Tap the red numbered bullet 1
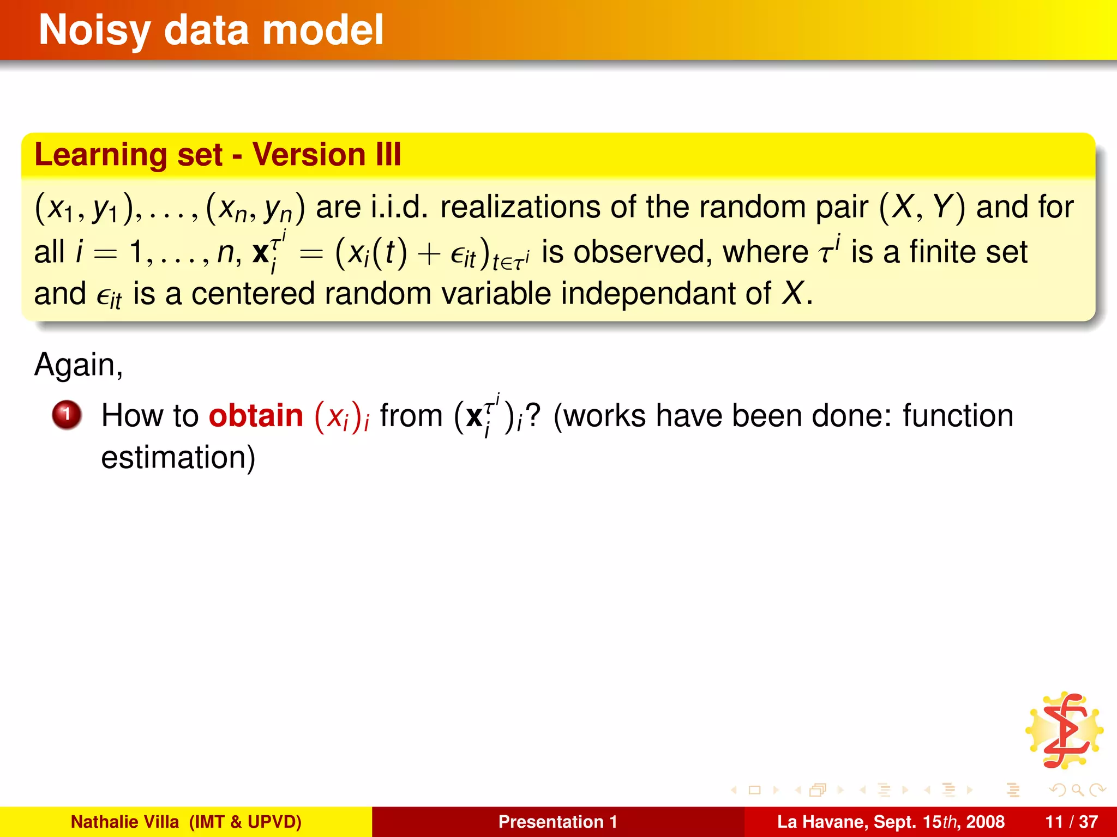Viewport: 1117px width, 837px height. click(x=67, y=415)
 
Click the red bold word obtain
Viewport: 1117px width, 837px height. click(x=256, y=416)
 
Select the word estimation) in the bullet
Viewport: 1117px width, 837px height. click(x=178, y=457)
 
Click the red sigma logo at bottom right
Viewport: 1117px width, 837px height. click(x=1064, y=731)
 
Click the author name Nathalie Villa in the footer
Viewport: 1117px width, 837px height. click(x=124, y=822)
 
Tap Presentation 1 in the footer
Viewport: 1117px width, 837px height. click(x=557, y=822)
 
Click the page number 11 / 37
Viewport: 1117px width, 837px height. click(x=1071, y=822)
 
